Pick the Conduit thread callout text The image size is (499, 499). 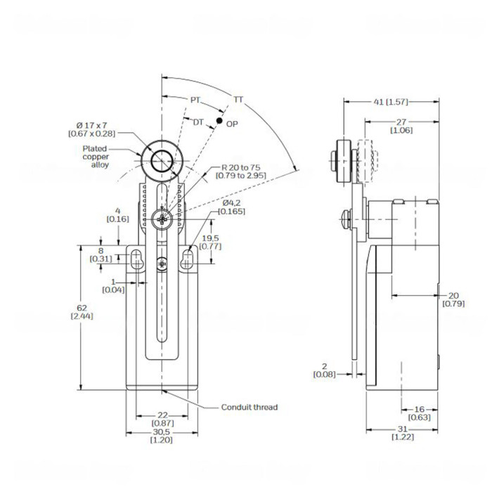coord(249,407)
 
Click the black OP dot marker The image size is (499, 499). coord(220,122)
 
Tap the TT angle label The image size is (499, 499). coord(239,100)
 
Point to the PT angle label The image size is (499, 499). coord(196,100)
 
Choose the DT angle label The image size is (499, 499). coord(199,122)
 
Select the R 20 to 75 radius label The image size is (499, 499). coord(242,171)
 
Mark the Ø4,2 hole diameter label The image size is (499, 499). coord(231,207)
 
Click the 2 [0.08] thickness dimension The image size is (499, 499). coord(324,370)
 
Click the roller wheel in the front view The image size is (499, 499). coord(161,160)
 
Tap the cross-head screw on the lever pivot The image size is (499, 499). coord(162,220)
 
